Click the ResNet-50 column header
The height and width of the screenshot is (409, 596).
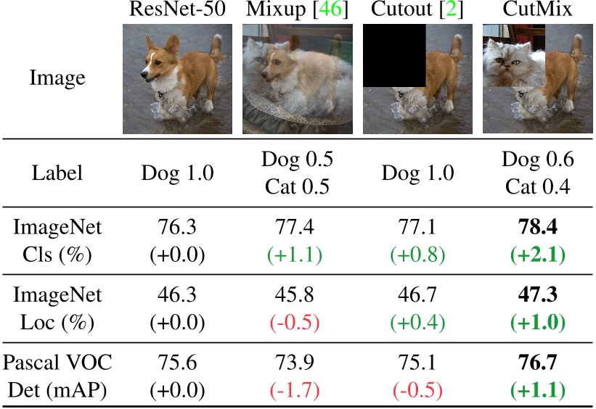tap(176, 10)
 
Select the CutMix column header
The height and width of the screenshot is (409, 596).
tap(537, 10)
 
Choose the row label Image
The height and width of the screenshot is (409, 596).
tap(57, 78)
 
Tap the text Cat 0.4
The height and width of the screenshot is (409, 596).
tap(537, 187)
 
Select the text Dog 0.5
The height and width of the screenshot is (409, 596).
tap(296, 160)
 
